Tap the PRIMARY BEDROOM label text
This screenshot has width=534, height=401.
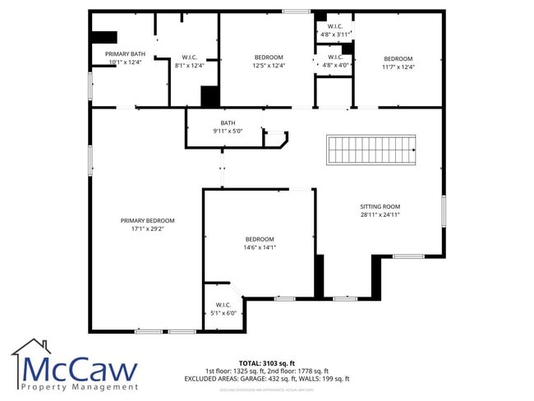[147, 220]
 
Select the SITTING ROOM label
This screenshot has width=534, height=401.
[380, 206]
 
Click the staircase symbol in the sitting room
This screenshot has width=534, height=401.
[371, 150]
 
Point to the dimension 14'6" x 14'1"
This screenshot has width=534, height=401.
[259, 247]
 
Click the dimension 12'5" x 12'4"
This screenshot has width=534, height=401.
[269, 66]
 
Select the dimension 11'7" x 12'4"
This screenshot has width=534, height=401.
[398, 67]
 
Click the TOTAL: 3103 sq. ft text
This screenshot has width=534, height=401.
[267, 362]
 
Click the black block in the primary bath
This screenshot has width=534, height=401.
[104, 37]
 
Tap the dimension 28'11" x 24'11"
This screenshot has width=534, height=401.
[380, 214]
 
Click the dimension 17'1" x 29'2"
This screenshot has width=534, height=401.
[147, 229]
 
